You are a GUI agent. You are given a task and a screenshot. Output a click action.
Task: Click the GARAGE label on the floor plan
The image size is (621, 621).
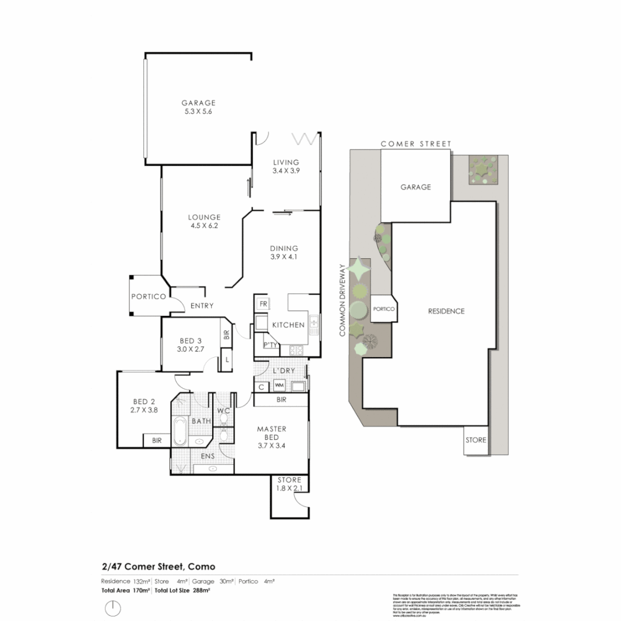[198, 103]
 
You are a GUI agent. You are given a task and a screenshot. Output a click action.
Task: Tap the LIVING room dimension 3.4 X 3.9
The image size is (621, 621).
[286, 171]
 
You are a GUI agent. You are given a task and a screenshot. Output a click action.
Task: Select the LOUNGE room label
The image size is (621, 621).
[204, 217]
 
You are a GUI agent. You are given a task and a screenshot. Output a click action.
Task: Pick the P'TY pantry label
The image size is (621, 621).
[270, 345]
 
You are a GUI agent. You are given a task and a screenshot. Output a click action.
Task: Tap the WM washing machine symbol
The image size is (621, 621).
[279, 385]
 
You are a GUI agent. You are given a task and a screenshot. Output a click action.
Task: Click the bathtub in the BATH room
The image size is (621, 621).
[180, 431]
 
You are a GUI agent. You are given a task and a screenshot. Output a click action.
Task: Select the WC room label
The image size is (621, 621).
[223, 411]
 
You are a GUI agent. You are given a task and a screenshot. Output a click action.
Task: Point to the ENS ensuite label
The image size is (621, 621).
[208, 457]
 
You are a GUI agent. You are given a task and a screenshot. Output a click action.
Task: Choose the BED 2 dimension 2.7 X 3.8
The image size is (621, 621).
[145, 411]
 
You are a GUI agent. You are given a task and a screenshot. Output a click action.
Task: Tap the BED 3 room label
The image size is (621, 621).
[190, 339]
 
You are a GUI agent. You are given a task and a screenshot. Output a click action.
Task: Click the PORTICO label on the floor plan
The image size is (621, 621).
[148, 297]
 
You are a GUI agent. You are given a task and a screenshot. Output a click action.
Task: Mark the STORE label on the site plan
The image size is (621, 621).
[476, 440]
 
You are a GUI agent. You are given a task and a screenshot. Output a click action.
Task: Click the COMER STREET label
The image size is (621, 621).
[416, 144]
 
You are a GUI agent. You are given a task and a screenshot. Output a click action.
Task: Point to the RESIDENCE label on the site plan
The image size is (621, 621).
[446, 311]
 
